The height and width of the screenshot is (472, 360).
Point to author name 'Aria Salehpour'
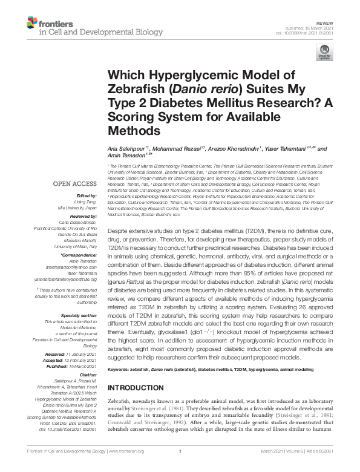coord(126,148)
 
